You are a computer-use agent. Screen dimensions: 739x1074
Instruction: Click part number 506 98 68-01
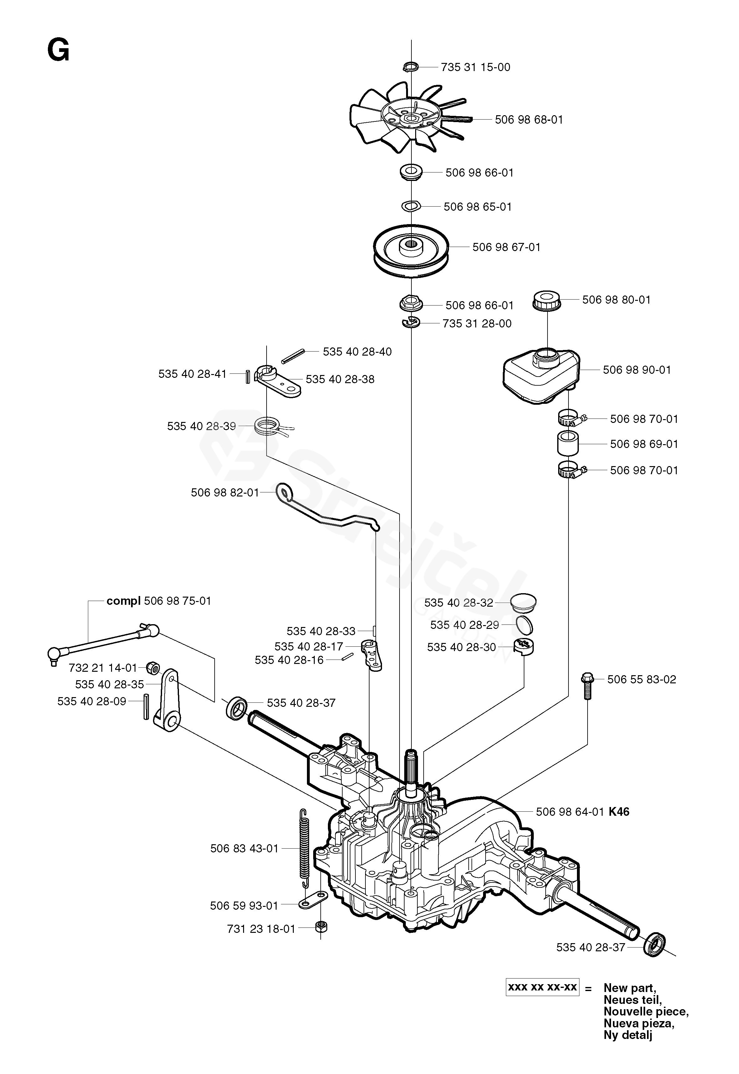pyautogui.click(x=529, y=120)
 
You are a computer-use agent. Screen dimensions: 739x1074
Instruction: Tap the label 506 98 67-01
pyautogui.click(x=506, y=247)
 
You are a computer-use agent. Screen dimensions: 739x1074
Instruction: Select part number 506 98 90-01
pyautogui.click(x=637, y=370)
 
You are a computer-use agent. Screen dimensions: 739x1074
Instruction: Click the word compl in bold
pyautogui.click(x=124, y=601)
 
